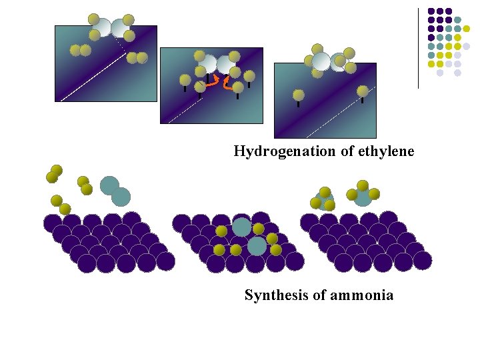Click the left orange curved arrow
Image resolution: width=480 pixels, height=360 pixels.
tap(209, 81)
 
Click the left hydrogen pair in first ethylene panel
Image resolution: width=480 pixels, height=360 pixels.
tap(80, 50)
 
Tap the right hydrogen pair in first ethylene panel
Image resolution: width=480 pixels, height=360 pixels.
tap(137, 58)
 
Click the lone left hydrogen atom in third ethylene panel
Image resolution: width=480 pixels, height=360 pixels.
tap(299, 95)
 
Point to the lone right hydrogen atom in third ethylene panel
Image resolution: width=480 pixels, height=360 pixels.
tap(362, 91)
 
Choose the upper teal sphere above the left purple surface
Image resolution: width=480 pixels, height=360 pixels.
tap(109, 185)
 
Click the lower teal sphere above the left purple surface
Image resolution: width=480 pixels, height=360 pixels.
tap(121, 196)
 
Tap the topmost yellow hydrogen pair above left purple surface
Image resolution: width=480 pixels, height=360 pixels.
tap(54, 173)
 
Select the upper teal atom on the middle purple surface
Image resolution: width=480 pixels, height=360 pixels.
tap(241, 227)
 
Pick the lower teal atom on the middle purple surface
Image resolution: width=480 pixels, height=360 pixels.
tap(257, 246)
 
